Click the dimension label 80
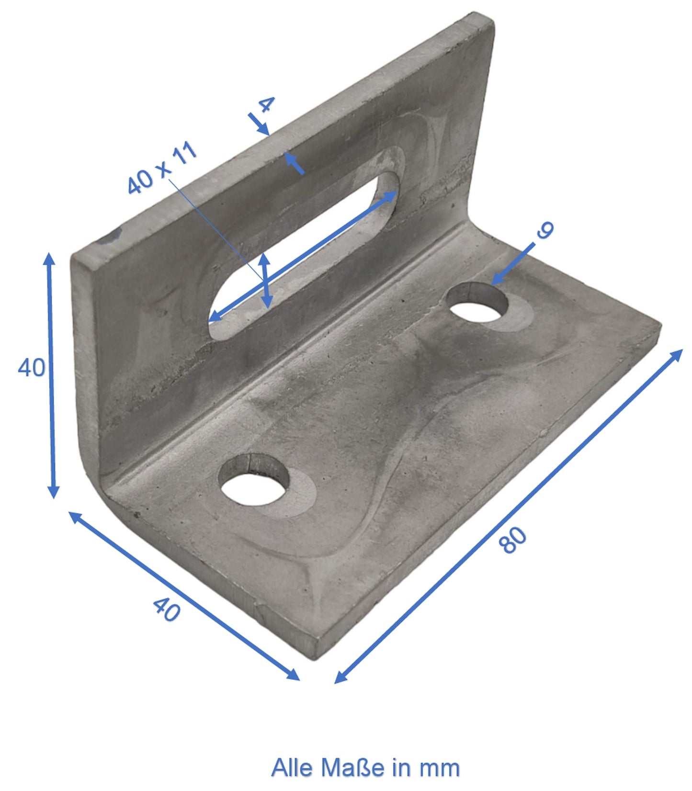coord(512,540)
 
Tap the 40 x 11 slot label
coord(162,168)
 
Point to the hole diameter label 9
coord(545,230)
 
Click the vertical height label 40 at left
coord(32,368)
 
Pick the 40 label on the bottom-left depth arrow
coord(167,610)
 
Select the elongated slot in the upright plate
coord(305,249)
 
